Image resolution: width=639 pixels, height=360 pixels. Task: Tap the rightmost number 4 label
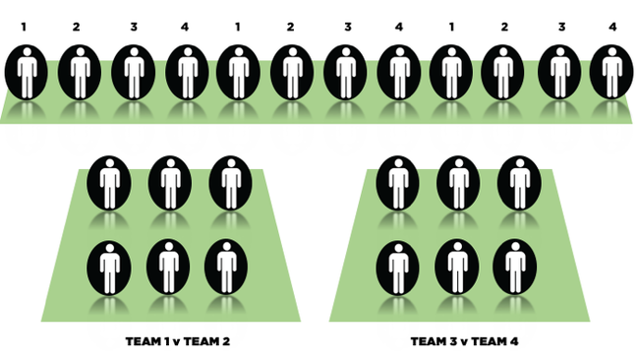[612, 27]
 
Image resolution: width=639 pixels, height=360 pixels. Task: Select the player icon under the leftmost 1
[26, 71]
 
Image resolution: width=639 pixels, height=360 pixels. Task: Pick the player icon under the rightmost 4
[612, 71]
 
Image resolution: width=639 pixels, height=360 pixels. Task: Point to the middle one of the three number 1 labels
[237, 27]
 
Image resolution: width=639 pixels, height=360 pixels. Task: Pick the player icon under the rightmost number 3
[559, 71]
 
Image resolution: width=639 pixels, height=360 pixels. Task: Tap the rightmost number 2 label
[505, 27]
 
